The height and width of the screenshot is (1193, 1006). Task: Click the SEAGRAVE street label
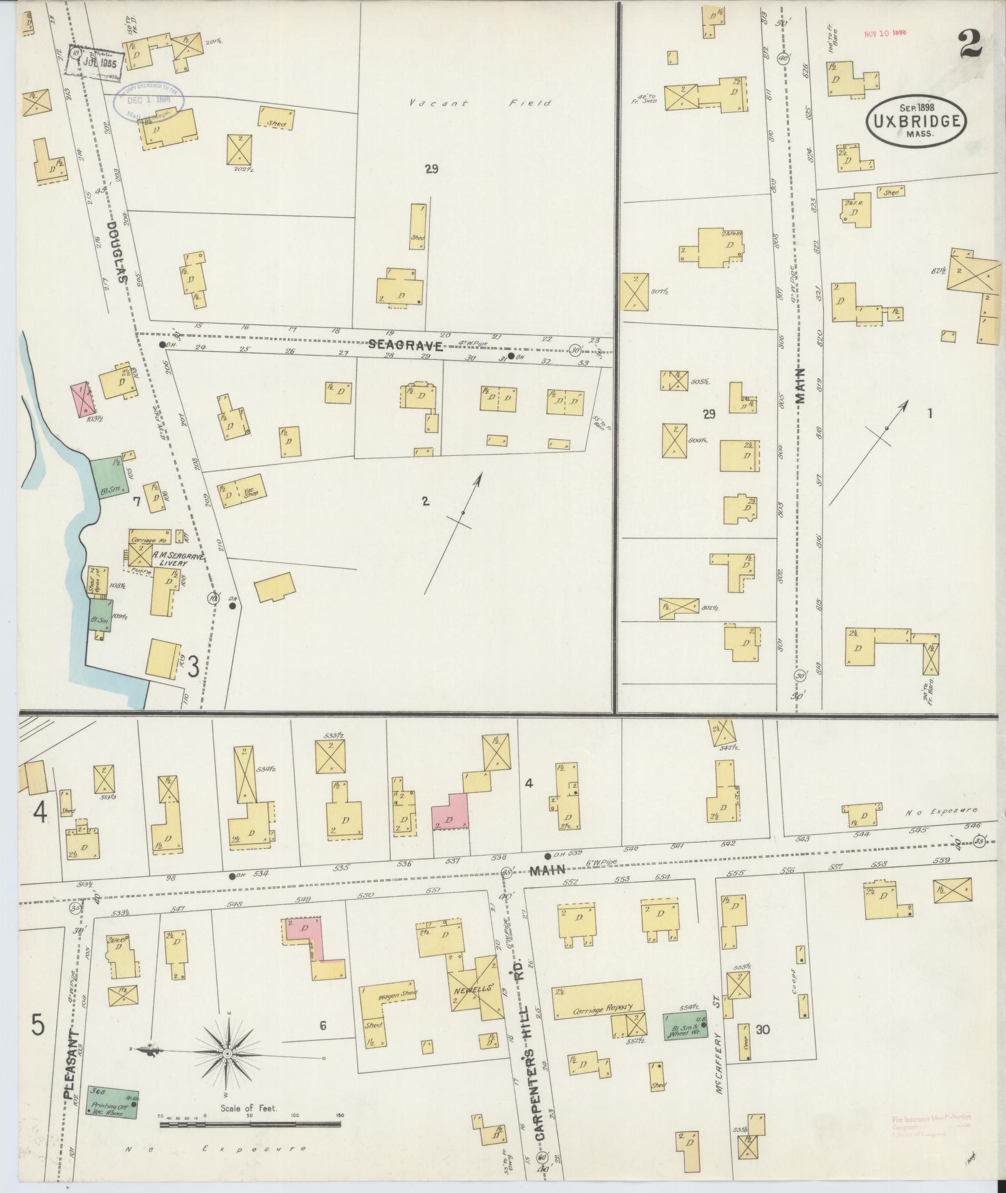405,345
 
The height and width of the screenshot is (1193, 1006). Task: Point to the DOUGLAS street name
117,253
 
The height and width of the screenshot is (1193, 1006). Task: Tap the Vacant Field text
480,103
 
